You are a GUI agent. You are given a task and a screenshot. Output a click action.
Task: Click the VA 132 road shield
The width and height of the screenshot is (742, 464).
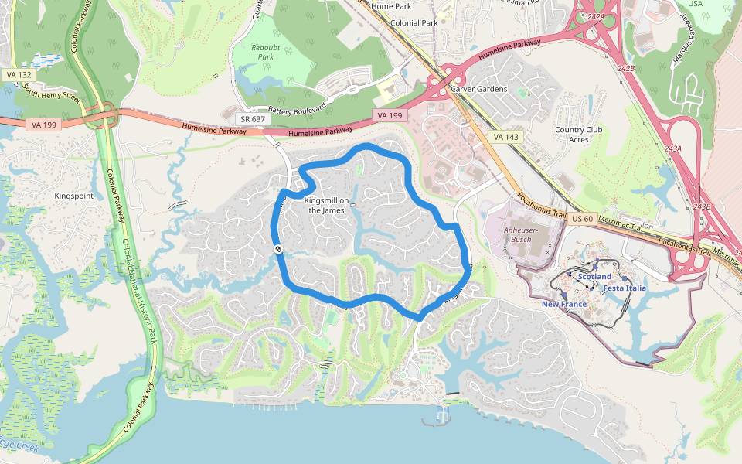(18, 74)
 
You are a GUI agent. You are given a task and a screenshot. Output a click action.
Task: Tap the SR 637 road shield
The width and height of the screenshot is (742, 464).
(253, 119)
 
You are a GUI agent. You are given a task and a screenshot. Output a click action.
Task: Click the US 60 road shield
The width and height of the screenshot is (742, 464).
(583, 220)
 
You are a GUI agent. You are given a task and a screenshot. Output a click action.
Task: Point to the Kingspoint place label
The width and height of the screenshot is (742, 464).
(73, 196)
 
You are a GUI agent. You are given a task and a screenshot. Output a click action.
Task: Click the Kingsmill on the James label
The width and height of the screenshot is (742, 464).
(328, 206)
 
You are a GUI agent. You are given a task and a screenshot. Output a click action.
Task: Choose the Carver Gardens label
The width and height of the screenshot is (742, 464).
(479, 89)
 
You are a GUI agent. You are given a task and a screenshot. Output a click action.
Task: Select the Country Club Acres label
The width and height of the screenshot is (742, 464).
(578, 135)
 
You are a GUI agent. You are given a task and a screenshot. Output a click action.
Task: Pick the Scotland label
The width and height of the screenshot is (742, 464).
(594, 277)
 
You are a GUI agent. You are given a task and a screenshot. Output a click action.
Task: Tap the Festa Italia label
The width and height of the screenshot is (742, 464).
(625, 288)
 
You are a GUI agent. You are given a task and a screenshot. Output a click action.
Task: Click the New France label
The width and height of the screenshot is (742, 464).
(563, 304)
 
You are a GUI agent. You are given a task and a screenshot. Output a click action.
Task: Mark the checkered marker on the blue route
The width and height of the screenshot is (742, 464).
(277, 248)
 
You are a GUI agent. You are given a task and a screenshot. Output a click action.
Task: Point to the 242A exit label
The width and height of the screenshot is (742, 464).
(595, 16)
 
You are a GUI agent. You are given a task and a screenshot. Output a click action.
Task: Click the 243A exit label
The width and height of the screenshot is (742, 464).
(673, 148)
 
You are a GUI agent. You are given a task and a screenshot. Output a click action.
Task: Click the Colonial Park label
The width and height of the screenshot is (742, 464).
(414, 23)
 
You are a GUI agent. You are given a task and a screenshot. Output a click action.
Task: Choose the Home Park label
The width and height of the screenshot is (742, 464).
(391, 6)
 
